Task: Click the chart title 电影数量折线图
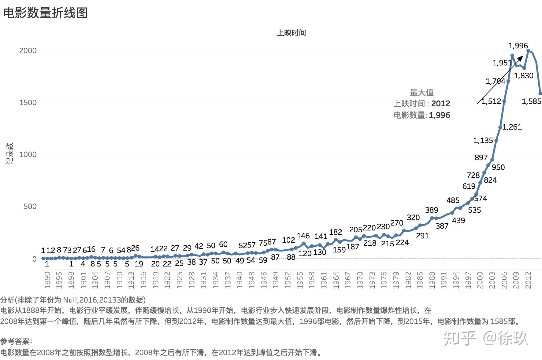pos(45,13)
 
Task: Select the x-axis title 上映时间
pos(291,33)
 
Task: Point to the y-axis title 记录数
pos(10,153)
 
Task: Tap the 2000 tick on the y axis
pos(28,50)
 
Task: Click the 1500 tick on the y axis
pos(28,102)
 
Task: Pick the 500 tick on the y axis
pos(30,206)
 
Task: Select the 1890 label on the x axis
pos(47,280)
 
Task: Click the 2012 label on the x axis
pos(528,280)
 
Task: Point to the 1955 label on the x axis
pos(300,280)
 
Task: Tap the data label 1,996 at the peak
pos(518,46)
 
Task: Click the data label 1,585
pos(531,101)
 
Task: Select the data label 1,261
pos(512,127)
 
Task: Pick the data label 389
pos(431,210)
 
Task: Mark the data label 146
pos(303,236)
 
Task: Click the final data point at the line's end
pos(540,94)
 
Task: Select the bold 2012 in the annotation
pos(440,104)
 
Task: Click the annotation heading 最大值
pos(421,92)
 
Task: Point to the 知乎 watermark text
pos(460,338)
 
